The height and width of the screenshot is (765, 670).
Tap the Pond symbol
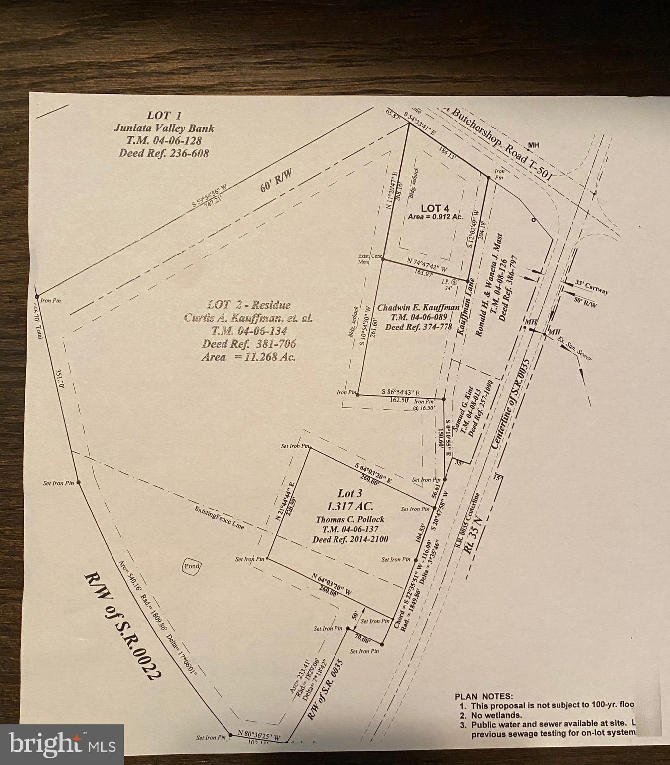(x=192, y=566)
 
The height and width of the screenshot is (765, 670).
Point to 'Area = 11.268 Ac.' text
(x=248, y=357)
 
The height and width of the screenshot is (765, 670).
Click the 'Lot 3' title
(x=350, y=494)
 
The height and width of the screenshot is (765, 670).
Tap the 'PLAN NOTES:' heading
(x=483, y=697)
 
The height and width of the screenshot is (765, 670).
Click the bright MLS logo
(x=62, y=744)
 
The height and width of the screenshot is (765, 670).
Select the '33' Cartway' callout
(x=592, y=287)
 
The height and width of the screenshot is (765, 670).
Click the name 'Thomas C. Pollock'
(x=350, y=519)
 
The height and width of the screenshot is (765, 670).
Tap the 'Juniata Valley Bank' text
(x=164, y=128)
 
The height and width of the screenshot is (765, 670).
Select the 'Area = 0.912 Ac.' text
(x=435, y=217)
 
